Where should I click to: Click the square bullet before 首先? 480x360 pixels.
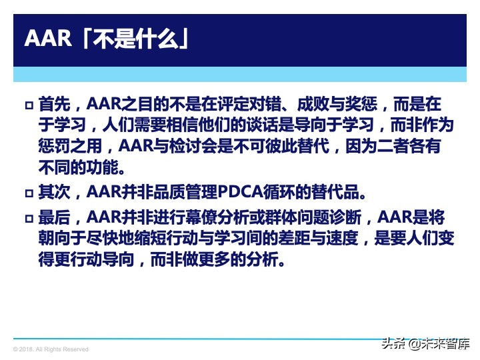29,106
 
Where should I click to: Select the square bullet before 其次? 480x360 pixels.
29,194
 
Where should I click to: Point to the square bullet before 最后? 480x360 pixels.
29,219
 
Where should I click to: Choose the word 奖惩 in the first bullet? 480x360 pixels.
365,105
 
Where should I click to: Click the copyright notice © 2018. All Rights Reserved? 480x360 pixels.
51,349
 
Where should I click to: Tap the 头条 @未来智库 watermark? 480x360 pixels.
425,343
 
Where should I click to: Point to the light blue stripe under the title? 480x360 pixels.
240,74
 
